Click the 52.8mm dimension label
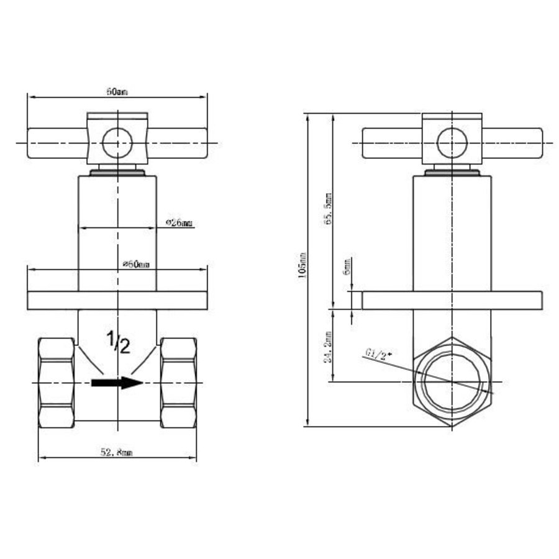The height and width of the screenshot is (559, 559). click(116, 453)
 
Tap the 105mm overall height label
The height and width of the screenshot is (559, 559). click(302, 264)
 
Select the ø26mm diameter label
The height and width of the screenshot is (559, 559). click(180, 222)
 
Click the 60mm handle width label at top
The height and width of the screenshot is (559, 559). click(117, 91)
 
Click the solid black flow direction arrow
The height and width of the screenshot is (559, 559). click(117, 382)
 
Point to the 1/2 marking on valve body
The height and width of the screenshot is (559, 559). click(117, 342)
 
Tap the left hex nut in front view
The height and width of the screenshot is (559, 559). click(57, 383)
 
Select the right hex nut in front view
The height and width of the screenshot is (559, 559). click(178, 383)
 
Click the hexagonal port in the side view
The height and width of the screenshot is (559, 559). click(452, 381)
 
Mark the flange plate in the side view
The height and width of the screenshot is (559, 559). click(452, 301)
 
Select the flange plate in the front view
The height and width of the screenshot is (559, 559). click(117, 300)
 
